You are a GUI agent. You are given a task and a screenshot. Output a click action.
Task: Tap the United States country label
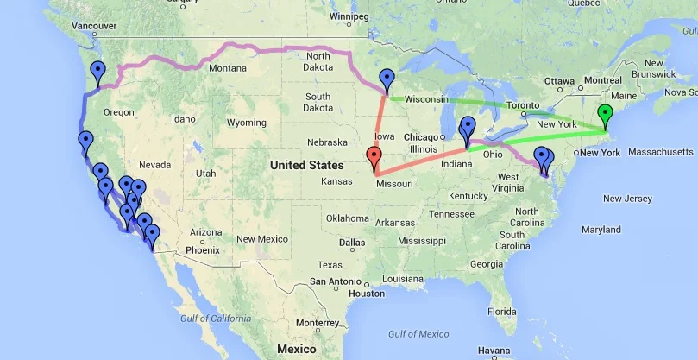point(305,164)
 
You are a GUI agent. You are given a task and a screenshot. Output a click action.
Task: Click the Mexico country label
point(296,349)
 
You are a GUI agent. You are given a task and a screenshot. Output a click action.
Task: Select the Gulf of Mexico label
point(419,333)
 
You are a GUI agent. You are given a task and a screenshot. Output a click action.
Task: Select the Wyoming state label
point(246,123)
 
